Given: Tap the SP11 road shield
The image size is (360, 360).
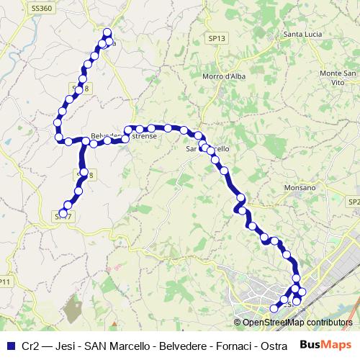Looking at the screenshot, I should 6,281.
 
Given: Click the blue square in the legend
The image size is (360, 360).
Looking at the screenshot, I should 10,346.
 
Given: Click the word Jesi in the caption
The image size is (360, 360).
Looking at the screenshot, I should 67,346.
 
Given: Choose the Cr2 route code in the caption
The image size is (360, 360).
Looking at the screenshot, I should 31,346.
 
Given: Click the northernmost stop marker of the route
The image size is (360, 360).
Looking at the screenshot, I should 108,32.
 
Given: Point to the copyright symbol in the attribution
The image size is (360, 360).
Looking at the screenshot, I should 238,322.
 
